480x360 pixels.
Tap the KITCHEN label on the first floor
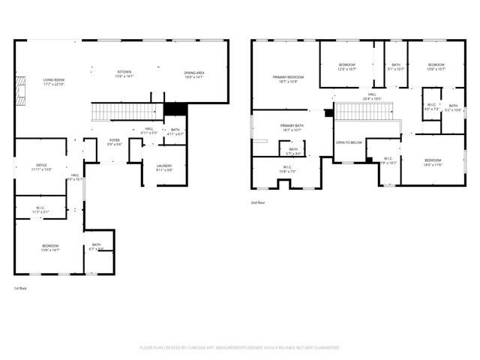124,71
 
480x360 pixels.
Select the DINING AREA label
194,73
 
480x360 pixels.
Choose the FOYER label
114,140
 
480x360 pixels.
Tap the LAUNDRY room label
164,166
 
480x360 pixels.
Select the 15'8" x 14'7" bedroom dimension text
50,250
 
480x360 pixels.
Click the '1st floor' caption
21,289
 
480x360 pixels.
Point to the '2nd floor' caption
259,202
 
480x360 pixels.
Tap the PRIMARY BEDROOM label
288,77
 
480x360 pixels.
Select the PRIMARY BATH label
292,125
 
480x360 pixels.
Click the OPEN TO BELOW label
349,142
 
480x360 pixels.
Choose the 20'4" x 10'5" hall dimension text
372,99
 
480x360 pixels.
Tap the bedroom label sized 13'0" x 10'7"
436,64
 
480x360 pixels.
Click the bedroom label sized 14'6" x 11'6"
433,160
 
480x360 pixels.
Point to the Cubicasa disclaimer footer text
240,348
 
